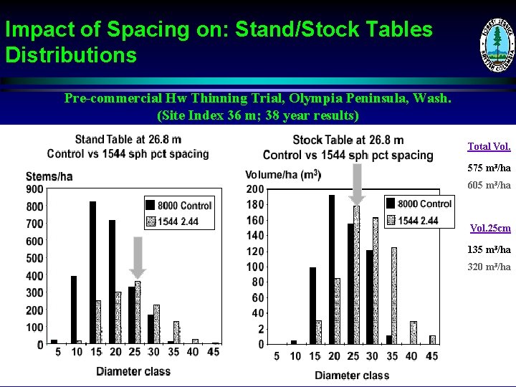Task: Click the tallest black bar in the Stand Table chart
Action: (92, 272)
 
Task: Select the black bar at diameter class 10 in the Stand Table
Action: (73, 310)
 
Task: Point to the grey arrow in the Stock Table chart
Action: (357, 183)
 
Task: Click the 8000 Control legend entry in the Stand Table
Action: (179, 206)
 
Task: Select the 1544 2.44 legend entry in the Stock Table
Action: (419, 220)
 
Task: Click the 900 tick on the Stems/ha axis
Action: (34, 189)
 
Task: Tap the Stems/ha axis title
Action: (49, 176)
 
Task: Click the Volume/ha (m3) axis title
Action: (283, 175)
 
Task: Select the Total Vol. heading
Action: (489, 146)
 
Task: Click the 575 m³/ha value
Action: (489, 168)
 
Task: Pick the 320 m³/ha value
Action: (489, 267)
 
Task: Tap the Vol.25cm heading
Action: (490, 229)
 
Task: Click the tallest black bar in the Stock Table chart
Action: (332, 269)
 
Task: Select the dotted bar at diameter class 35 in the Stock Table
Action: (393, 295)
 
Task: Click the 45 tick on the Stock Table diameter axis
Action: (431, 357)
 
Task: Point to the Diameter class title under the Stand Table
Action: (134, 371)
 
